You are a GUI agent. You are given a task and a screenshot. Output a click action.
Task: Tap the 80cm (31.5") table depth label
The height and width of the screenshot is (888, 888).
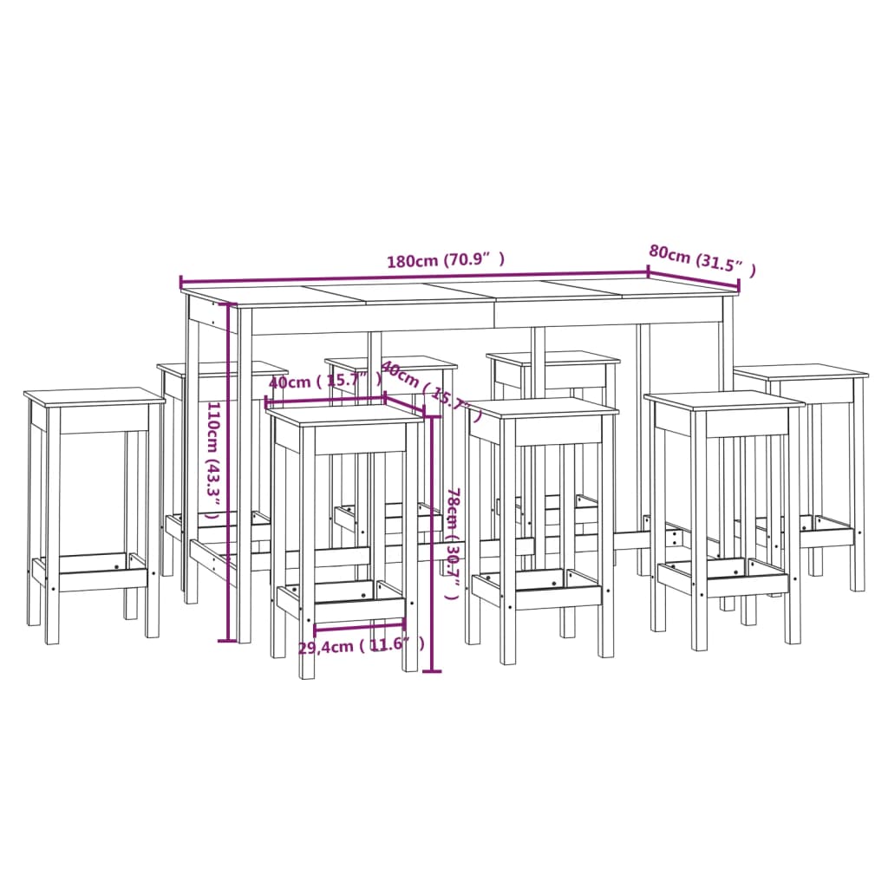tap(702, 261)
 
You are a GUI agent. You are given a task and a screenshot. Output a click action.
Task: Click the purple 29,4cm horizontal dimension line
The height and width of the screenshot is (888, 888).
tap(360, 624)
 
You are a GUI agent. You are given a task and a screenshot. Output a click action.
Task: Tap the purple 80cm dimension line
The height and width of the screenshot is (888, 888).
tap(694, 280)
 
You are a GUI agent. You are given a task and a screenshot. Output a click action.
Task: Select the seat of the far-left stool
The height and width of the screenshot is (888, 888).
tap(94, 397)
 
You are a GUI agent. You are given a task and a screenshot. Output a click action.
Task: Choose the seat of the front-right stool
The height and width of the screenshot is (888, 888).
tap(724, 401)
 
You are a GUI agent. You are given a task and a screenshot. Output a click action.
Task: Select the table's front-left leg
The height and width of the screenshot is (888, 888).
tap(245, 486)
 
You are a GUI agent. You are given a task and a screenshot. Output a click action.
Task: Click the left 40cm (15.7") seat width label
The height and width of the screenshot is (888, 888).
tap(324, 382)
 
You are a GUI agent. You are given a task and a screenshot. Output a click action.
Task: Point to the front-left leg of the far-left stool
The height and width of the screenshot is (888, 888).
tap(52, 529)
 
